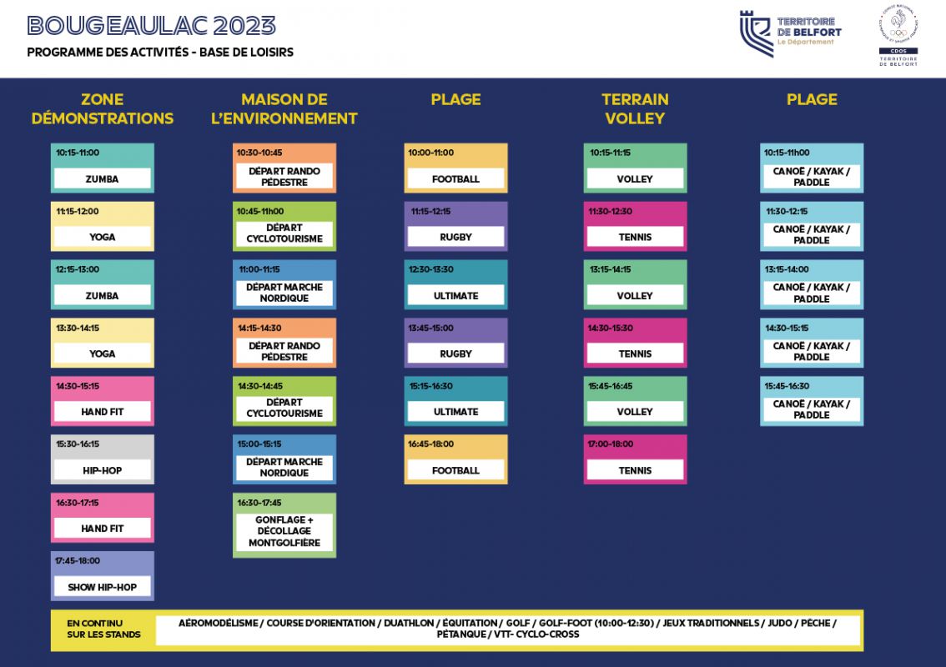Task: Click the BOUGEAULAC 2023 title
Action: pyautogui.click(x=151, y=26)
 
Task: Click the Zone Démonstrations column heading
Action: pyautogui.click(x=103, y=109)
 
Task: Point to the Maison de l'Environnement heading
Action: pyautogui.click(x=284, y=109)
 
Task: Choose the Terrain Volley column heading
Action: pyautogui.click(x=635, y=109)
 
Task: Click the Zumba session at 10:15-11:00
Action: pyautogui.click(x=103, y=168)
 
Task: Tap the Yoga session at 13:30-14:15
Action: pyautogui.click(x=103, y=343)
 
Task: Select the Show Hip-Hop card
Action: pyautogui.click(x=103, y=576)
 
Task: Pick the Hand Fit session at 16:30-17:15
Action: pyautogui.click(x=103, y=518)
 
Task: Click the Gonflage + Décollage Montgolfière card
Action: pyautogui.click(x=284, y=525)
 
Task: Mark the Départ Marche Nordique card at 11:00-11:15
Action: pyautogui.click(x=284, y=285)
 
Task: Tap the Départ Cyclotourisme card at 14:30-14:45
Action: pyautogui.click(x=284, y=401)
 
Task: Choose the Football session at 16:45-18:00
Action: pyautogui.click(x=455, y=459)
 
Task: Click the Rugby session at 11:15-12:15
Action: pyautogui.click(x=455, y=226)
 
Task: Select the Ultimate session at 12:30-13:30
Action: pyautogui.click(x=455, y=285)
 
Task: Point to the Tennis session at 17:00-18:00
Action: pyautogui.click(x=635, y=459)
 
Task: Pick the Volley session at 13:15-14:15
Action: pyautogui.click(x=635, y=285)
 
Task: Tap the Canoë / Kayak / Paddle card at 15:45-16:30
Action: pyautogui.click(x=812, y=401)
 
